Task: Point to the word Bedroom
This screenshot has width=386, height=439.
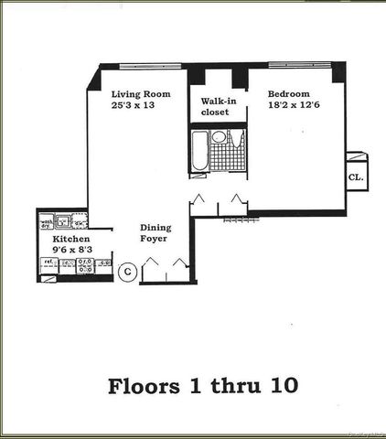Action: [289, 94]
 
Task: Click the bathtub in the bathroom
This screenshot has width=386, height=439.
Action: [199, 151]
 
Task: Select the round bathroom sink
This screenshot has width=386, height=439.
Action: [219, 138]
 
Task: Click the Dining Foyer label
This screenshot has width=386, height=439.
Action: [156, 233]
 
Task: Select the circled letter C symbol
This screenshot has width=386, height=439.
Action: [129, 270]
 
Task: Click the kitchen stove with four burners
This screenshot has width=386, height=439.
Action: [85, 265]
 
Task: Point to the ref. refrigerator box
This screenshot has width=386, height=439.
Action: [48, 264]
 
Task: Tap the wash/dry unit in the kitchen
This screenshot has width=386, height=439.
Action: [46, 222]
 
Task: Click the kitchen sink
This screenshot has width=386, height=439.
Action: [64, 220]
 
